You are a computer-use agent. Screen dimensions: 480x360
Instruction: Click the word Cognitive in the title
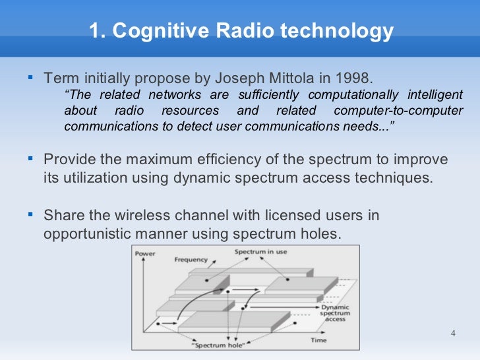[x=153, y=31]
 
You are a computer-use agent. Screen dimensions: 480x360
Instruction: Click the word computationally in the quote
[x=353, y=95]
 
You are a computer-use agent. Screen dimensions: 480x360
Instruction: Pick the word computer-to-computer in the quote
[x=398, y=111]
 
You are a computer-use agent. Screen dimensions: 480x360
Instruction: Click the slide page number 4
[x=453, y=332]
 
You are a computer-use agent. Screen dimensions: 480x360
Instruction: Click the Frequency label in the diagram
[x=191, y=260]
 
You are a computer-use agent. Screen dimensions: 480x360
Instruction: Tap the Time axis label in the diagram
[x=318, y=340]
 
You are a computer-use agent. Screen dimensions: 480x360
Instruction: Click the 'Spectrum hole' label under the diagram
[x=215, y=345]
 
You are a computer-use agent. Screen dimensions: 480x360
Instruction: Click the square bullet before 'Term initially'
[x=30, y=78]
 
